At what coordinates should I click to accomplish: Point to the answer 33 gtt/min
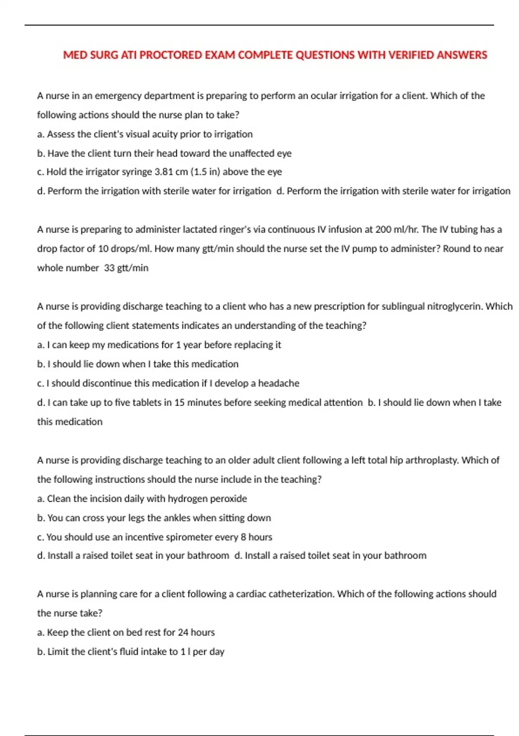[126, 268]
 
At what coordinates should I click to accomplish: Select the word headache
[279, 383]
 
